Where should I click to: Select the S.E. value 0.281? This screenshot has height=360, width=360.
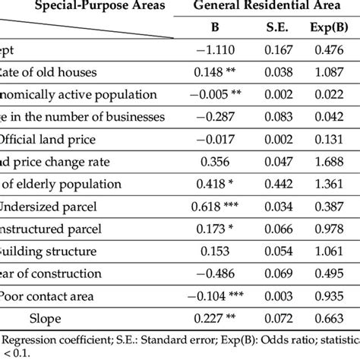[x=279, y=252]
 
